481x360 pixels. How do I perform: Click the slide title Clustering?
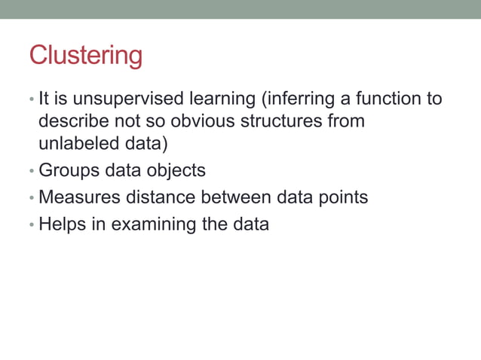85,56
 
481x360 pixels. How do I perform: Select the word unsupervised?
112,99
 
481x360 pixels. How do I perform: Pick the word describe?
73,121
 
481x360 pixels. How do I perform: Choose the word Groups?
69,170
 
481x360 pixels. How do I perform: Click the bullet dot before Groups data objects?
32,171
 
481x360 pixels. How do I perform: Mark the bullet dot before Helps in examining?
32,225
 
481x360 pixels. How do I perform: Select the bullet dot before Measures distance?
32,198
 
